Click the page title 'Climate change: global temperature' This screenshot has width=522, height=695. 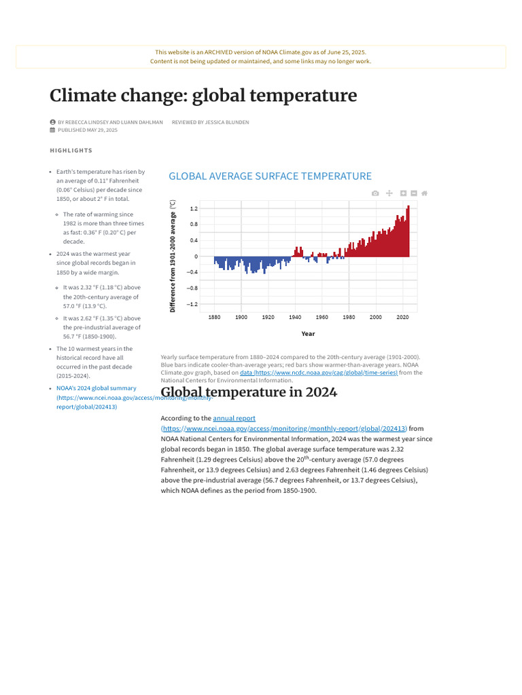point(203,96)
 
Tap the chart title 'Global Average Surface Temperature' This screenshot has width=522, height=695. point(270,176)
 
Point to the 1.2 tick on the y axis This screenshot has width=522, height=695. point(194,208)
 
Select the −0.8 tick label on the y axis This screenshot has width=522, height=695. point(192,288)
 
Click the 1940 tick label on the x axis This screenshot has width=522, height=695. point(295,317)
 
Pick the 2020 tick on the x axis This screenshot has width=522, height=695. point(402,317)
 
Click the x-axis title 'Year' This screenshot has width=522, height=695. point(308,334)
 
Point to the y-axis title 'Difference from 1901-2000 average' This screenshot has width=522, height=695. point(173,256)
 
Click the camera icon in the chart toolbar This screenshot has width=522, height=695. point(375,193)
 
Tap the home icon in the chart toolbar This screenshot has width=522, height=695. point(424,193)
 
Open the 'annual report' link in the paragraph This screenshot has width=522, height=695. point(234,418)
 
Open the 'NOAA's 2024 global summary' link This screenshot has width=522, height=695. point(97,388)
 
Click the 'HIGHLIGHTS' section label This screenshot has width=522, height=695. point(71,150)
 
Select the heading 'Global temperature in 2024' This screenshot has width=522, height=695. point(249,392)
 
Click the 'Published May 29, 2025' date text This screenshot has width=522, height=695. point(88,130)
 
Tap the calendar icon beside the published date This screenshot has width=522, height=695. point(52,130)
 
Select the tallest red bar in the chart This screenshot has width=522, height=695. point(408,231)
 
